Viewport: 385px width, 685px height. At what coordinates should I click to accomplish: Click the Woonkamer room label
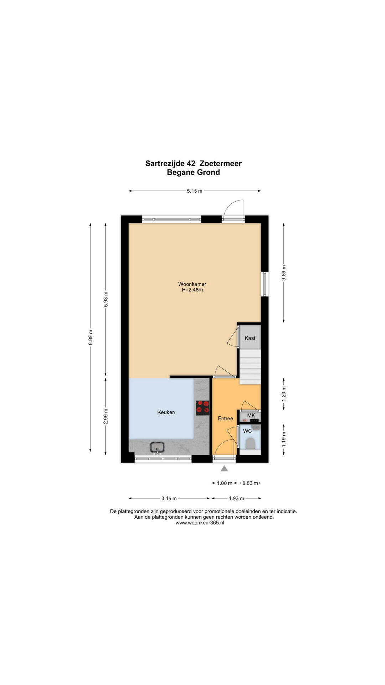point(192,284)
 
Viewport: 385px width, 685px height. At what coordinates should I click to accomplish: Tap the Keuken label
point(166,412)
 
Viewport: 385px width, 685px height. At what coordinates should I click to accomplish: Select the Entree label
point(225,418)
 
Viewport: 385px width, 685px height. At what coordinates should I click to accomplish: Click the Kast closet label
point(250,338)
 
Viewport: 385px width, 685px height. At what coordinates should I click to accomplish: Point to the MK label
point(251,416)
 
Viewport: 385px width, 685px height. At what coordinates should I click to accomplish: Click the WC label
point(247,431)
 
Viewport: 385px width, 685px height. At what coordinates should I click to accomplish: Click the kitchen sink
point(157,447)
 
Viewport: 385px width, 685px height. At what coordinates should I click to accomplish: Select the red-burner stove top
point(202,408)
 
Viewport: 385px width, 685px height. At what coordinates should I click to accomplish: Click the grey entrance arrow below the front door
point(224,468)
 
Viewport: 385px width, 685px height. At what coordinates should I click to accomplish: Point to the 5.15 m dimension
point(195,191)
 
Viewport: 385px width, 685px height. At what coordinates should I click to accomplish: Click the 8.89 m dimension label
point(91,337)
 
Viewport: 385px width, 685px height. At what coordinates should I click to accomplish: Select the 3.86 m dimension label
point(284,273)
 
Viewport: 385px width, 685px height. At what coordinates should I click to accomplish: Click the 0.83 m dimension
point(250,483)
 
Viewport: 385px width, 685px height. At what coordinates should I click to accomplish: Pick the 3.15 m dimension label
point(169,498)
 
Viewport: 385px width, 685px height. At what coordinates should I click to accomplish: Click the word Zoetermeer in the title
point(221,163)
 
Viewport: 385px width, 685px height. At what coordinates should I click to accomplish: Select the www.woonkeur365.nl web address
point(200,523)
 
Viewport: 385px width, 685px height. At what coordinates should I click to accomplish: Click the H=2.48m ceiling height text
point(192,290)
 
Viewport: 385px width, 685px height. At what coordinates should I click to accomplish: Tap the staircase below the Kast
point(250,367)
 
